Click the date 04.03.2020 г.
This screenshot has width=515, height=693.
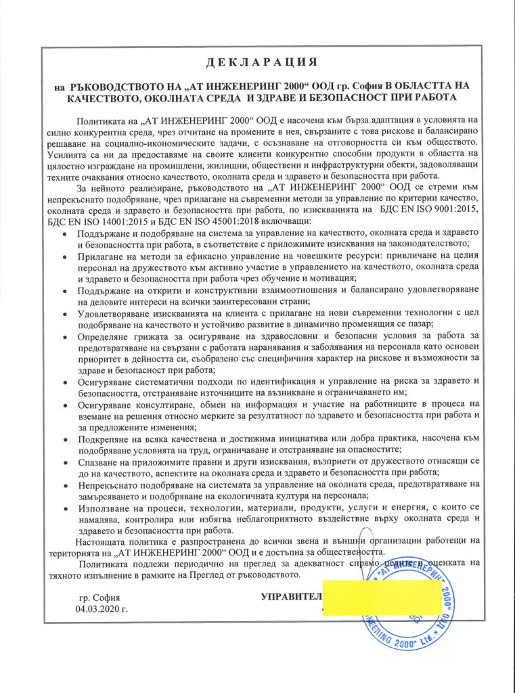102,608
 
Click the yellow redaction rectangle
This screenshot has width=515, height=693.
383,596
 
